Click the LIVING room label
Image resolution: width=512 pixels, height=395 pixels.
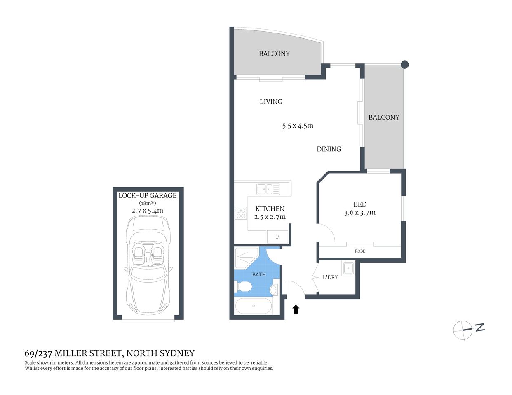point(271,102)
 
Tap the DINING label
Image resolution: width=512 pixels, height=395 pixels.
point(329,149)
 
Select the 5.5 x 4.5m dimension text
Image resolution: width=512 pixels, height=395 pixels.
point(298,126)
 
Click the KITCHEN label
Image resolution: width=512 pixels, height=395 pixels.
point(270,209)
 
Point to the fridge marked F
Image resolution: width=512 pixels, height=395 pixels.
point(277,237)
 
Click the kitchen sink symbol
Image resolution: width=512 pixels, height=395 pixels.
point(268,189)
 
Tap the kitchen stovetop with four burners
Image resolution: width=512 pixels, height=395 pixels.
point(241,214)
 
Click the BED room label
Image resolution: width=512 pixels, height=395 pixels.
point(359,204)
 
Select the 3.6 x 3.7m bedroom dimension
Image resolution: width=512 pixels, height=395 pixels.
point(359,213)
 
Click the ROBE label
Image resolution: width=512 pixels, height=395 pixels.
point(360,251)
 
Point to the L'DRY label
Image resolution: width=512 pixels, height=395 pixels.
point(330,278)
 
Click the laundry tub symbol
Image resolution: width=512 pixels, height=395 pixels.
point(348,268)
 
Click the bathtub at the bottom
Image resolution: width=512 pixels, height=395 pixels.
point(253,306)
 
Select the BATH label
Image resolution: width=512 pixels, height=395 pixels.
point(259,274)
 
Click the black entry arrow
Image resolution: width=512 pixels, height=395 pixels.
point(296,309)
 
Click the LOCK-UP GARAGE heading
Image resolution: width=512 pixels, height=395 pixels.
point(147,196)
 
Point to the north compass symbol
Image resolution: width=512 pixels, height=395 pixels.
point(463,330)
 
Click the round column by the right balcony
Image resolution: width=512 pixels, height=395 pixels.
point(405,64)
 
